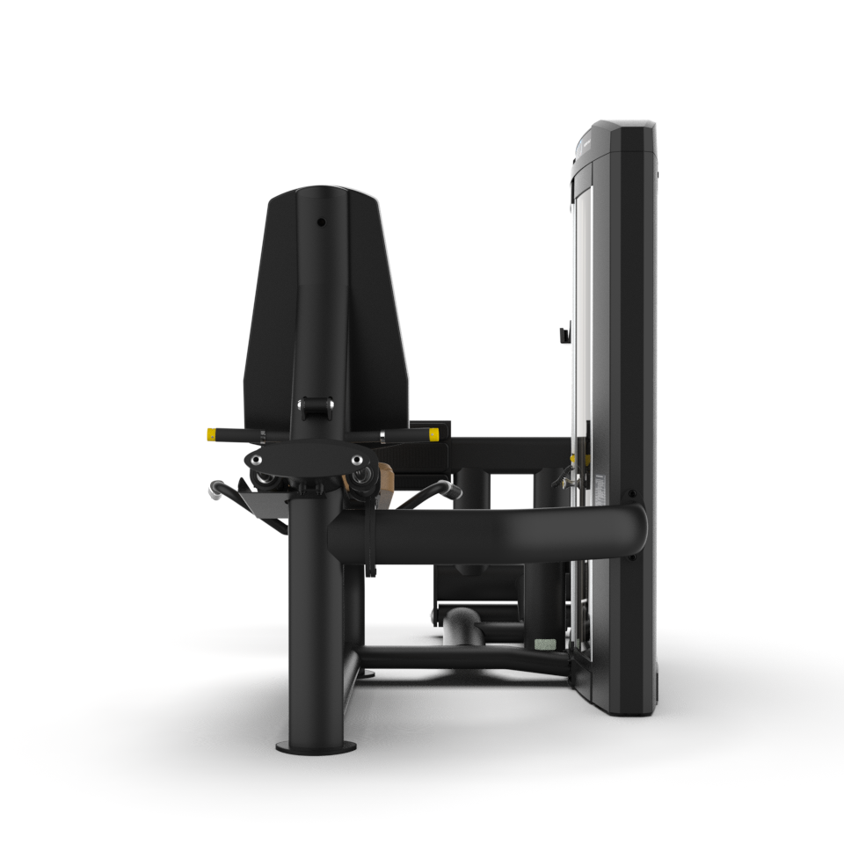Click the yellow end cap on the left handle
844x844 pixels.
pyautogui.click(x=214, y=433)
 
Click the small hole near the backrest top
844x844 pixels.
pyautogui.click(x=321, y=222)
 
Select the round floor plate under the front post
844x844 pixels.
pyautogui.click(x=316, y=746)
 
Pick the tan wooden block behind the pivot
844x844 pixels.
pyautogui.click(x=382, y=479)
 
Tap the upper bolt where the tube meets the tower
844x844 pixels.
pyautogui.click(x=631, y=495)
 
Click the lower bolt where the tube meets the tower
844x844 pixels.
pyautogui.click(x=631, y=557)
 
